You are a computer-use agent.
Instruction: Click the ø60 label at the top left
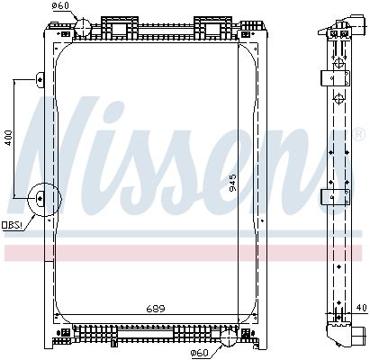(x=60, y=7)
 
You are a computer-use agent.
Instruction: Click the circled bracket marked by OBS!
(x=41, y=200)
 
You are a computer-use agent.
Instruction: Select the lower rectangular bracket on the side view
(x=335, y=196)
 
